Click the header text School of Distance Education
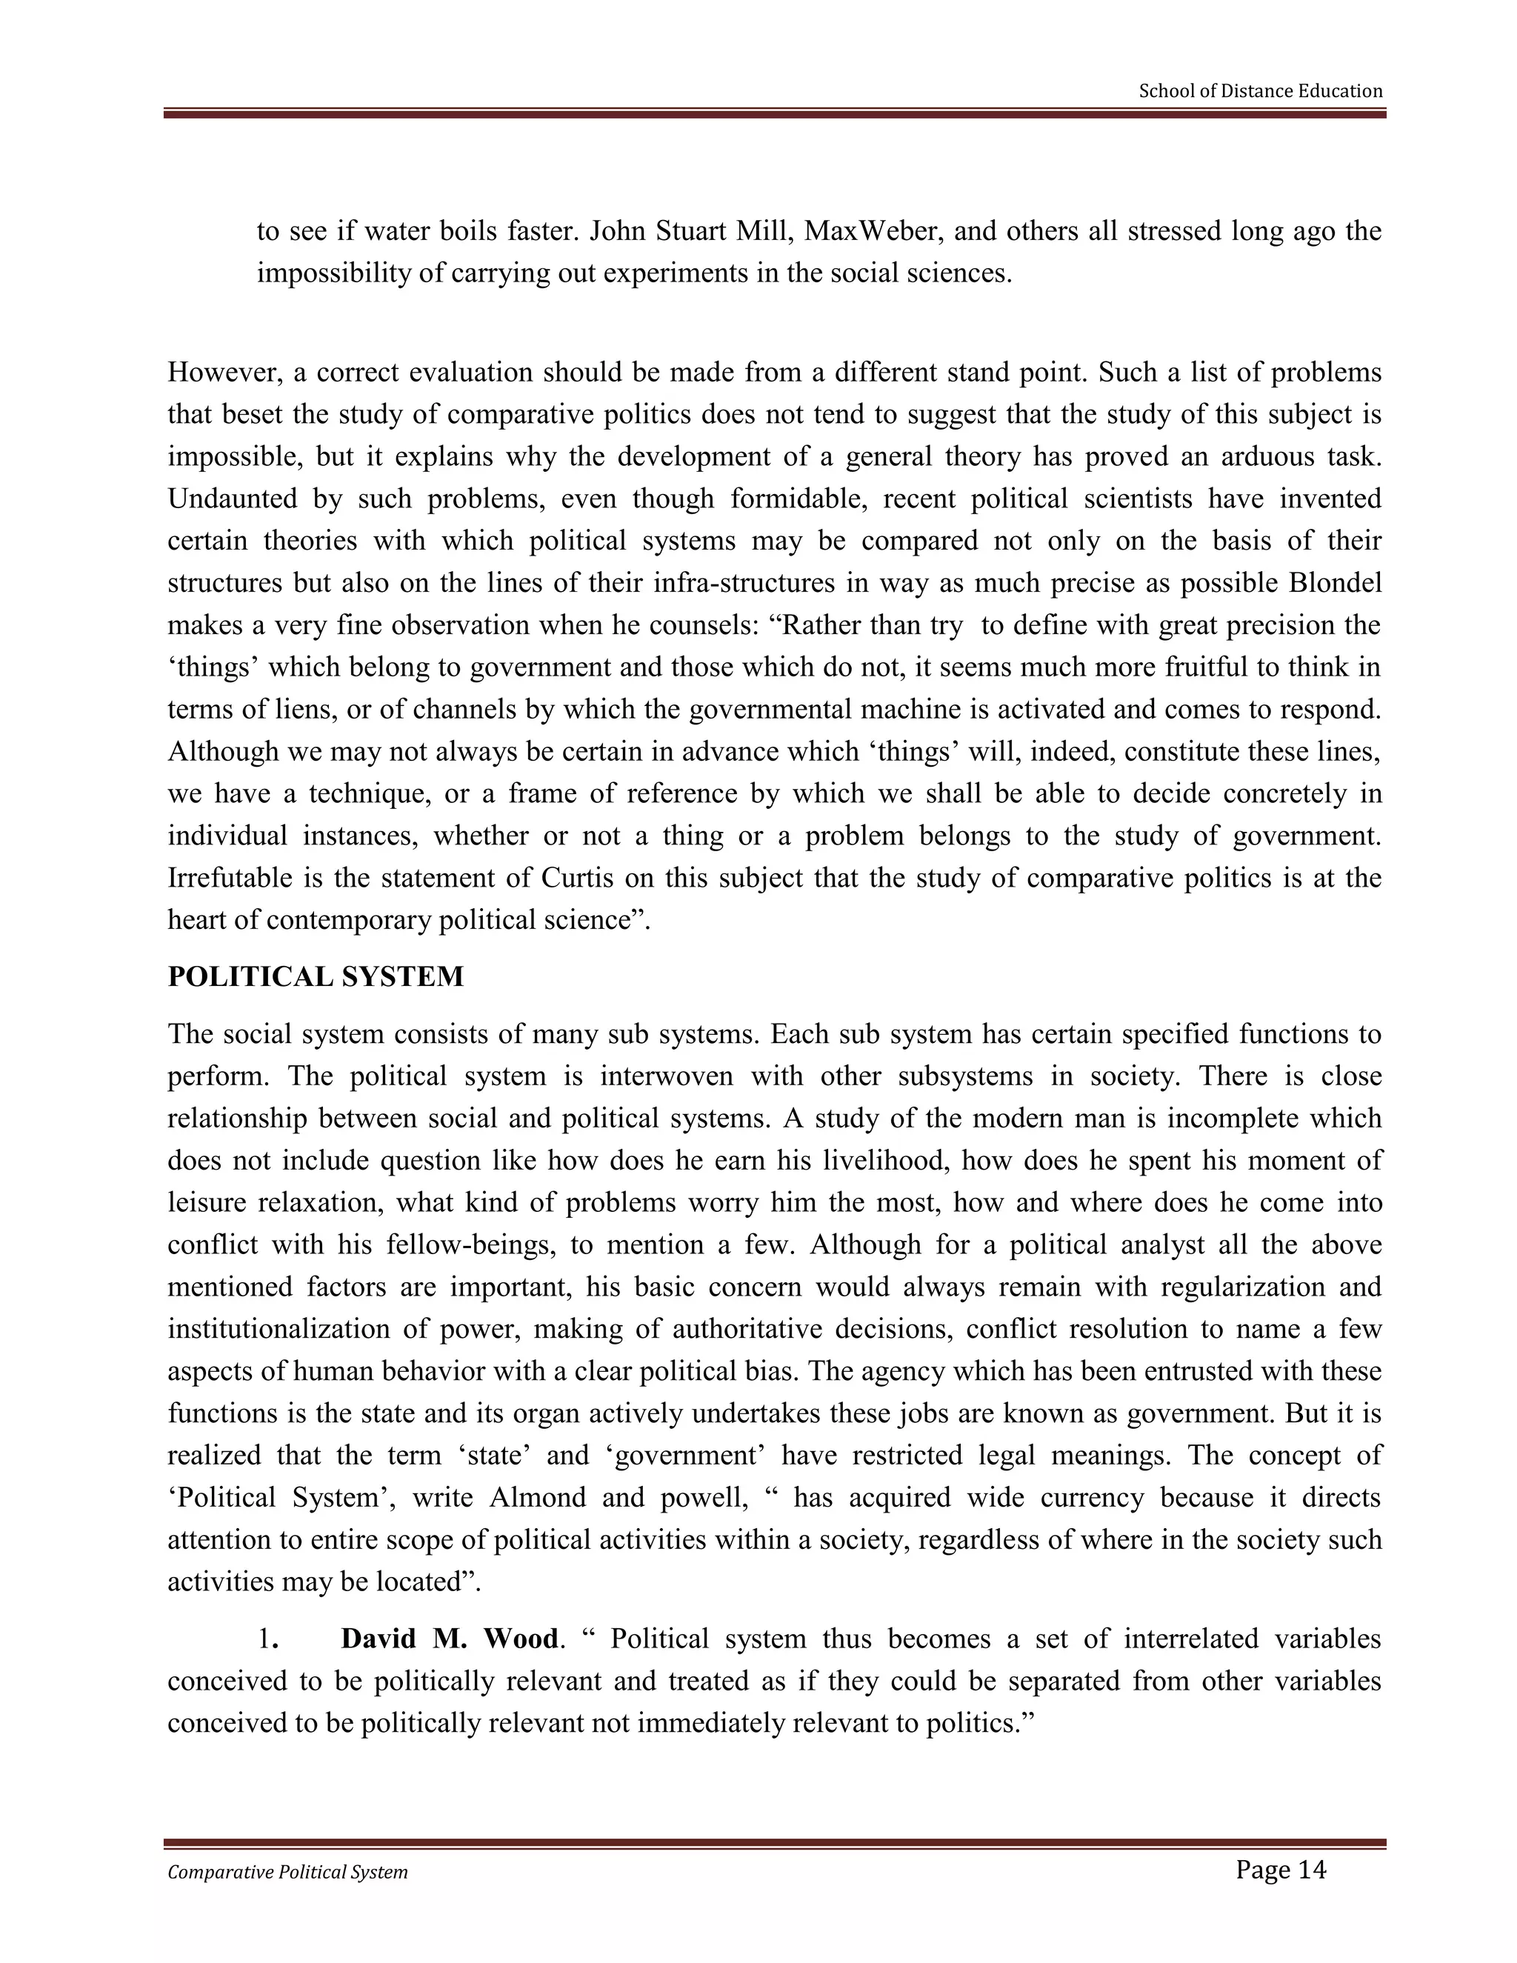[x=1260, y=91]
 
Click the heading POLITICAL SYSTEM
[x=316, y=976]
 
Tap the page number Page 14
[x=1280, y=1870]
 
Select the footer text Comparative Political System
[x=287, y=1872]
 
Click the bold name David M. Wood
[x=450, y=1639]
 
